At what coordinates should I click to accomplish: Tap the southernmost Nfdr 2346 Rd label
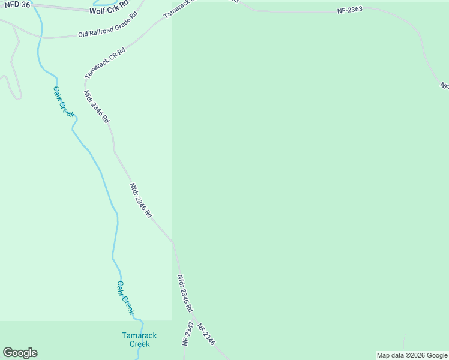pyautogui.click(x=185, y=293)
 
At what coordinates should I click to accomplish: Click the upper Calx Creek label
pyautogui.click(x=63, y=101)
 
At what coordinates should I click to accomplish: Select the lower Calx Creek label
pyautogui.click(x=125, y=298)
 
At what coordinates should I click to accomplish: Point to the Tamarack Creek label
pyautogui.click(x=139, y=340)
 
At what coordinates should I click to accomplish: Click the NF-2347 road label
pyautogui.click(x=189, y=334)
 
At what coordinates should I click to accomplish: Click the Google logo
pyautogui.click(x=20, y=353)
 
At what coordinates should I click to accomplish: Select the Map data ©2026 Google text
pyautogui.click(x=412, y=355)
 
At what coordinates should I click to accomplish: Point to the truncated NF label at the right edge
pyautogui.click(x=444, y=86)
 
